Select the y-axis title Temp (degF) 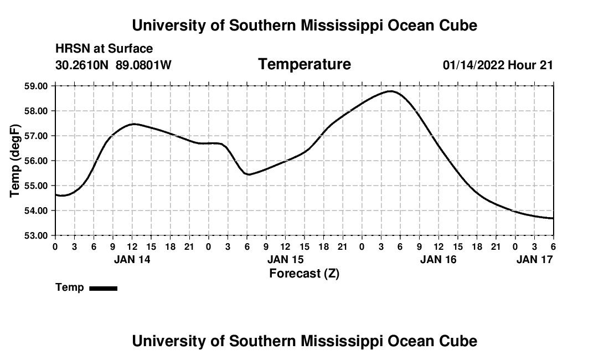click(16, 161)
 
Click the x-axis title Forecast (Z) click(304, 273)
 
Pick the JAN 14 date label click(132, 259)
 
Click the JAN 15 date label click(285, 259)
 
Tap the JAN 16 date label click(438, 259)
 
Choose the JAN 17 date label click(534, 259)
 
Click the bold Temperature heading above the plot click(304, 64)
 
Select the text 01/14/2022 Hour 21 click(498, 65)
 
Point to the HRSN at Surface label click(104, 49)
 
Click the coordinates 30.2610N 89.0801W click(113, 65)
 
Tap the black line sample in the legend click(104, 288)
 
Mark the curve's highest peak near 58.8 click(391, 91)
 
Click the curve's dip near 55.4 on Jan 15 click(249, 174)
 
